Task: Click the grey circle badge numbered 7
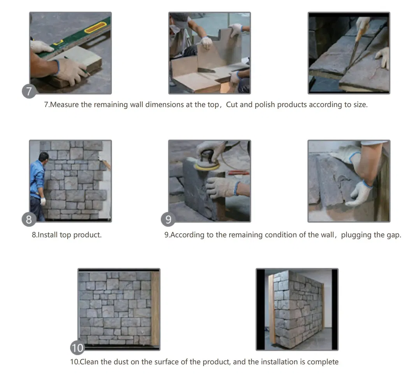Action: [x=29, y=91]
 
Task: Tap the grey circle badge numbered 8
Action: [x=29, y=219]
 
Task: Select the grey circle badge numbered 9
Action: [x=168, y=219]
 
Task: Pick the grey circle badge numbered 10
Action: [x=77, y=348]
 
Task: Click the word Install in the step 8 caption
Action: [x=47, y=235]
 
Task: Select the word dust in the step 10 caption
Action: [x=121, y=362]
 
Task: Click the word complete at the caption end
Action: [x=323, y=362]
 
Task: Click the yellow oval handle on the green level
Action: [x=95, y=27]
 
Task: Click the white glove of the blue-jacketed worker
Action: [x=43, y=201]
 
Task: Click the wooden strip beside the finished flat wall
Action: [x=155, y=308]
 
